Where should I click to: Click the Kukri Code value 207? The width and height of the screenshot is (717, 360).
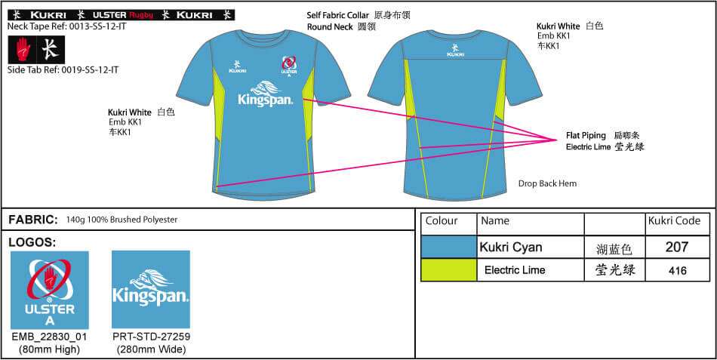[x=677, y=247]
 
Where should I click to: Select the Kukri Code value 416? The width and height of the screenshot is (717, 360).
[x=677, y=270]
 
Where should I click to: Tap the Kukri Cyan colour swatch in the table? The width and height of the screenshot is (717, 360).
[x=448, y=247]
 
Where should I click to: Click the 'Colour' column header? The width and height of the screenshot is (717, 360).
[x=442, y=221]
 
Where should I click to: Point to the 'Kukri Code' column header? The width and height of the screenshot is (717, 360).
[x=675, y=221]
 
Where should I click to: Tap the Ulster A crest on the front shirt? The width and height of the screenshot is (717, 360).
[x=288, y=66]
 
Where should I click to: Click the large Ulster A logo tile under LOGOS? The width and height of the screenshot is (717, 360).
[x=50, y=290]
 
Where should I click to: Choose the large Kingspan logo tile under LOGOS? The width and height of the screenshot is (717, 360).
[x=150, y=290]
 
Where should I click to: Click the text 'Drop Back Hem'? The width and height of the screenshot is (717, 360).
[x=547, y=183]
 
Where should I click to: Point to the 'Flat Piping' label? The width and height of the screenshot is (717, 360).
[x=586, y=136]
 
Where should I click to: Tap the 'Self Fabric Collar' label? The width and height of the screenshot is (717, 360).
[x=337, y=15]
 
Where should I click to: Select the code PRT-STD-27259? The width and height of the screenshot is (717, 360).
[x=150, y=337]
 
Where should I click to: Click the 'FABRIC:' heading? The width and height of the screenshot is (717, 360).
[x=33, y=220]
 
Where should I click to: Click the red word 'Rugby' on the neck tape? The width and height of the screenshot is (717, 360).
[x=141, y=14]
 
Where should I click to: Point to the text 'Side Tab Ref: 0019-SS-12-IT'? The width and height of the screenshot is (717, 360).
[x=63, y=70]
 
